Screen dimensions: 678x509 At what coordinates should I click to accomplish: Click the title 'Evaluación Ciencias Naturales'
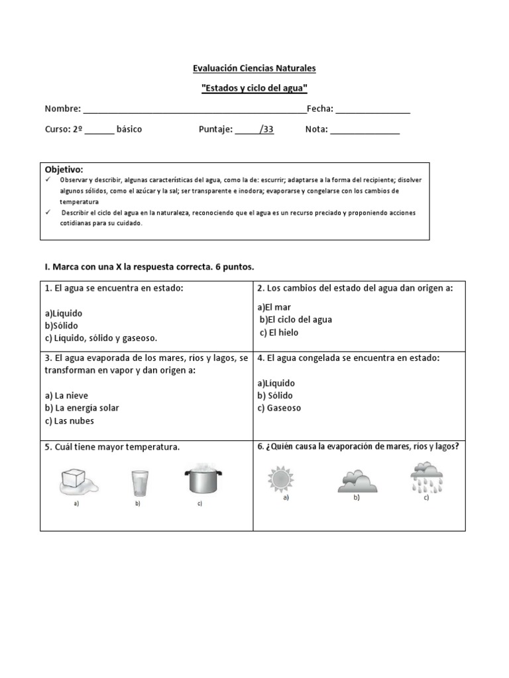254,68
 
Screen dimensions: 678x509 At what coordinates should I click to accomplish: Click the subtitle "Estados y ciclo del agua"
254,88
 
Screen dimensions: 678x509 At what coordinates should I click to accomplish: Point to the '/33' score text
266,130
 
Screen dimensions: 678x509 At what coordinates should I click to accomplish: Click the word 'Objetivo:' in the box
64,170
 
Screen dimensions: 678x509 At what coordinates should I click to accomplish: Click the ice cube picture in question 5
78,480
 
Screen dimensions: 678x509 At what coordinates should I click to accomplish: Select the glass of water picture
139,482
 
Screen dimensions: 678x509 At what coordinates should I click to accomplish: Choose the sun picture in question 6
280,479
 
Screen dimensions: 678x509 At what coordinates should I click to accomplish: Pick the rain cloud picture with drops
427,478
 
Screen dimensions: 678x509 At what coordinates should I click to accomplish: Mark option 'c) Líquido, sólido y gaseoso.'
101,338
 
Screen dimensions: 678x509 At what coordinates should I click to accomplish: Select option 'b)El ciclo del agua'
296,320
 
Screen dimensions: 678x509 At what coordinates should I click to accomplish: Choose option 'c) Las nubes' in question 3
70,421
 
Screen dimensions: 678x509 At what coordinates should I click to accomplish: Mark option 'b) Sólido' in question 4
276,396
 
